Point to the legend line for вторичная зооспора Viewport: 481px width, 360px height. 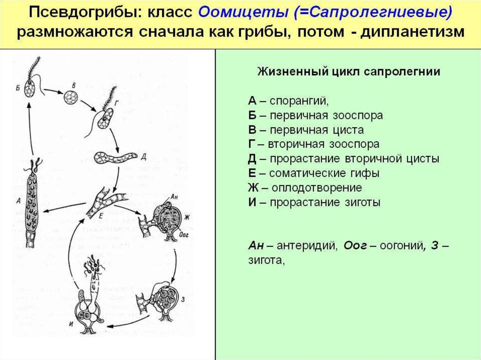314,144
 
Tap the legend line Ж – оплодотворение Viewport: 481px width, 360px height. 305,188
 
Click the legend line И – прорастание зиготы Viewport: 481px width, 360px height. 314,202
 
